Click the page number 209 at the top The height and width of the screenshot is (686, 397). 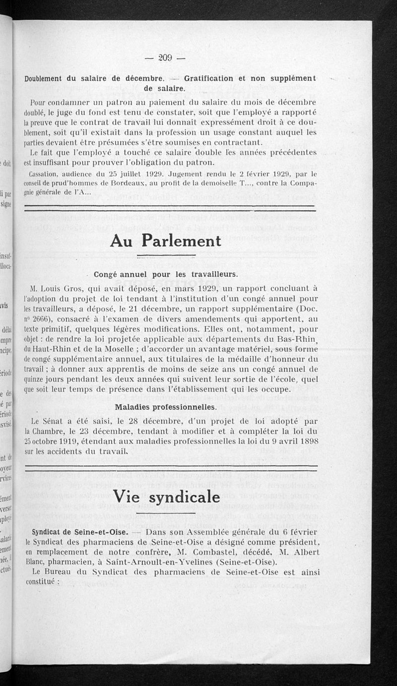[165, 58]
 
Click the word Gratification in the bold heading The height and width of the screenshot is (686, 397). [208, 78]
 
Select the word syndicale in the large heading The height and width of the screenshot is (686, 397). [188, 496]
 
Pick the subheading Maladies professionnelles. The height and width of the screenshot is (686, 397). [165, 407]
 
